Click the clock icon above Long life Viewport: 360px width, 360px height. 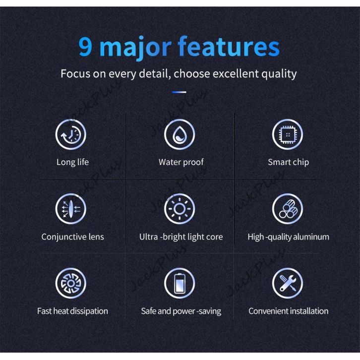(x=71, y=134)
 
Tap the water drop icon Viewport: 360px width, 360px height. (x=180, y=134)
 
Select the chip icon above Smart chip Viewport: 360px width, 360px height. (x=288, y=134)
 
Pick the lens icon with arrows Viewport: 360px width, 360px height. (x=71, y=209)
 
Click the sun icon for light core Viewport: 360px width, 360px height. (x=180, y=209)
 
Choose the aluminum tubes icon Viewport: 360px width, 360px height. (x=288, y=209)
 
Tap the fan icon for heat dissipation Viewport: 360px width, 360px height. (x=71, y=283)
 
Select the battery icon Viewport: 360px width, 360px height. (x=180, y=283)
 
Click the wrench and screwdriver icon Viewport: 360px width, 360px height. (x=288, y=283)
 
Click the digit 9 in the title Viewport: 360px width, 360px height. (x=85, y=47)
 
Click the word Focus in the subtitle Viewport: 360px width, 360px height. (x=75, y=74)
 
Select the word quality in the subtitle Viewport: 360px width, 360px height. (x=279, y=74)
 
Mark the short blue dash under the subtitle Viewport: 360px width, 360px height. (x=179, y=92)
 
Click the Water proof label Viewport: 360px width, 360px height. (x=181, y=162)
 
